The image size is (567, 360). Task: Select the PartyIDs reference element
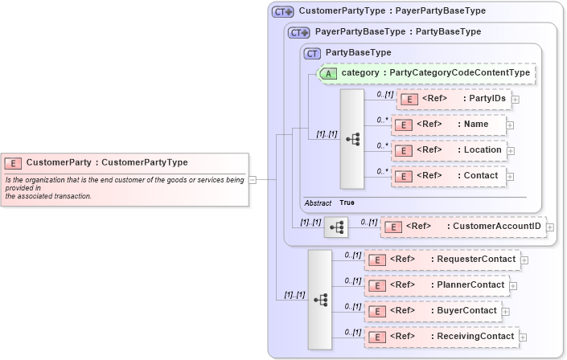(453, 99)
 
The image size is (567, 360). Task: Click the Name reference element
(448, 125)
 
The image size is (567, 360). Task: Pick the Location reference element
(448, 150)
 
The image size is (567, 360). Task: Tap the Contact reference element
(448, 176)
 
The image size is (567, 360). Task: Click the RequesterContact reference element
(442, 260)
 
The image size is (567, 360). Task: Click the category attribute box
(426, 73)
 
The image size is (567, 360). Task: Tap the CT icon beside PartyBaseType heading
(312, 52)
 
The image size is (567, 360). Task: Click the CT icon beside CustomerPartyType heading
(282, 12)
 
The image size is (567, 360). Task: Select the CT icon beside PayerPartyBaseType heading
(299, 32)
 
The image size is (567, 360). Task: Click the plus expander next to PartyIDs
(516, 100)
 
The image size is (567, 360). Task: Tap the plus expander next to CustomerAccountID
(550, 228)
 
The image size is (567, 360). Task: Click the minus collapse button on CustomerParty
(253, 180)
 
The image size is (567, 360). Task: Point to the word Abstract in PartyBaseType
(318, 203)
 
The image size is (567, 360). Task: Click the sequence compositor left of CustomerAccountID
(336, 228)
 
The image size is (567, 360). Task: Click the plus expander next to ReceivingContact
(523, 337)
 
